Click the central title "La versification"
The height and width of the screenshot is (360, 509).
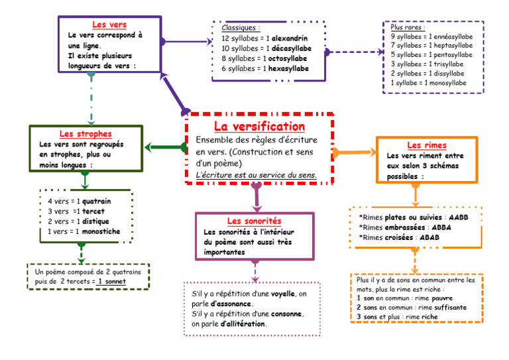click(x=259, y=126)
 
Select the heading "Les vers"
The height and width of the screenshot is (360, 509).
click(x=109, y=25)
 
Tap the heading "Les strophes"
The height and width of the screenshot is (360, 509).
click(x=85, y=133)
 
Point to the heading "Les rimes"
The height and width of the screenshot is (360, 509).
click(x=427, y=145)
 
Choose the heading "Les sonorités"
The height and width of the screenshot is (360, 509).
click(x=254, y=221)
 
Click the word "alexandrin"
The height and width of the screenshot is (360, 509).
click(x=290, y=38)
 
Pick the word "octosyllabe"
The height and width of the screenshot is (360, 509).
click(x=287, y=58)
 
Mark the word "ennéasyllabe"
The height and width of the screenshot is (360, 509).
click(x=453, y=36)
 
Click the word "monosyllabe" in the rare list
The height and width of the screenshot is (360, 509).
click(x=447, y=83)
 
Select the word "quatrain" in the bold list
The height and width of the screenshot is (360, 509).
click(x=96, y=202)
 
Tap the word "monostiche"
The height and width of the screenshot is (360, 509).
click(x=101, y=231)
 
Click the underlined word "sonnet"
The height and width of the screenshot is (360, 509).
click(x=115, y=282)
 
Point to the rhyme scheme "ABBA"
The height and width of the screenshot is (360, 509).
click(x=441, y=227)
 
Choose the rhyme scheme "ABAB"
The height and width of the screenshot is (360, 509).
click(x=429, y=237)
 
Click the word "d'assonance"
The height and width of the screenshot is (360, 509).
click(x=231, y=304)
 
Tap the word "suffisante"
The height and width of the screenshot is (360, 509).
click(x=450, y=308)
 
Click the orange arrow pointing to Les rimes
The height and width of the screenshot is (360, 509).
click(x=354, y=152)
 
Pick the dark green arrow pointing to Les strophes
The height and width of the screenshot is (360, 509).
click(x=166, y=147)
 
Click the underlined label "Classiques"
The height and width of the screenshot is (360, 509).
click(x=241, y=28)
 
